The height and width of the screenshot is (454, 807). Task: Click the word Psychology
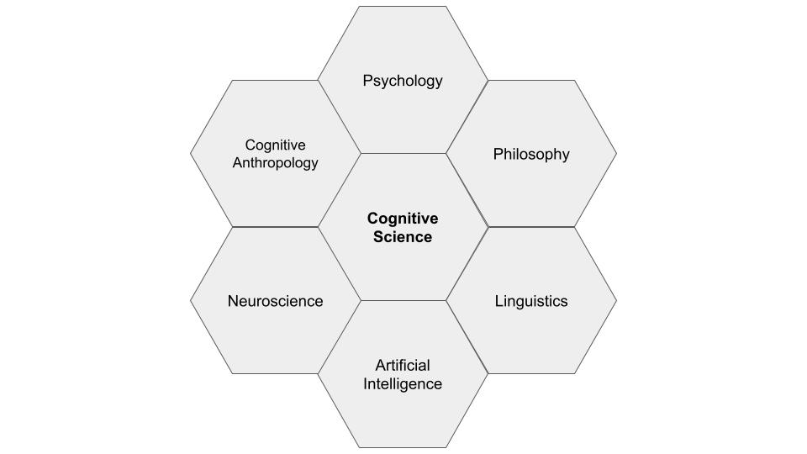403,81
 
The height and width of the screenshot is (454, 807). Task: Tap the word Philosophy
531,154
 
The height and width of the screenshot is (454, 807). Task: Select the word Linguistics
531,301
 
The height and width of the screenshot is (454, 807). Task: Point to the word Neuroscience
275,301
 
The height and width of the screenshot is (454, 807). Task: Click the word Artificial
403,365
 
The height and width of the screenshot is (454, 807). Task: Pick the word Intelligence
403,384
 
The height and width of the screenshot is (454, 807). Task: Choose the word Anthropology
275,163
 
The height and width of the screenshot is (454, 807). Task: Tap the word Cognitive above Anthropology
275,145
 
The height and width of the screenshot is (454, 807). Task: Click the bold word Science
403,237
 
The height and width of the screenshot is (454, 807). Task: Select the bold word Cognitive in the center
403,219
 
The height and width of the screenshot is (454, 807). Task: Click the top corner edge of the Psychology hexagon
403,7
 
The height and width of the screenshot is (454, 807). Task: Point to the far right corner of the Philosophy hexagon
616,154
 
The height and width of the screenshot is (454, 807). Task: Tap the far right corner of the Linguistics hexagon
616,300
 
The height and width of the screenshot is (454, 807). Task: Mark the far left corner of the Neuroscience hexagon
190,300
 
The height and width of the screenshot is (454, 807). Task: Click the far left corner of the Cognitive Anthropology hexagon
190,153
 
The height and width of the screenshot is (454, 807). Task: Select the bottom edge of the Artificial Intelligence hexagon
403,447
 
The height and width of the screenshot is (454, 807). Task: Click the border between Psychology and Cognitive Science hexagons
403,153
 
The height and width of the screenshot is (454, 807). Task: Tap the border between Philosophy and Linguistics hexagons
531,227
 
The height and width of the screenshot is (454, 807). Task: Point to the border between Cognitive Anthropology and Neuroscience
275,227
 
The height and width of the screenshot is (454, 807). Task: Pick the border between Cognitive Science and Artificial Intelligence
403,300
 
